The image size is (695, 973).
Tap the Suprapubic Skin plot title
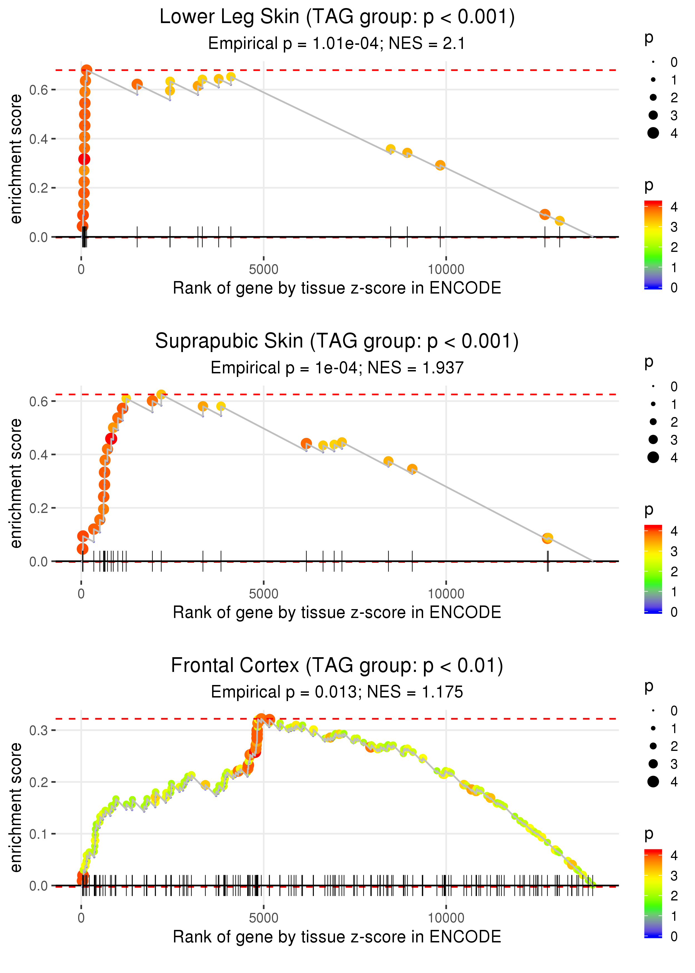337,341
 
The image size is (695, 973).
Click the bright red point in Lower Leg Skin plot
84,159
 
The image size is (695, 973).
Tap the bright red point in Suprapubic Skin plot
111,439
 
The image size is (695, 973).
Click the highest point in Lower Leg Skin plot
86,70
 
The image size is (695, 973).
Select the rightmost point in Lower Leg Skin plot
559,221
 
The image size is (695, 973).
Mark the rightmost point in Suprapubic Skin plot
548,538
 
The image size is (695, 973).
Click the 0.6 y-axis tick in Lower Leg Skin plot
43,90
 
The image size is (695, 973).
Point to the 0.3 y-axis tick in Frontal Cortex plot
43,730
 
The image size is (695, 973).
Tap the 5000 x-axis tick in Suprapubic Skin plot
264,594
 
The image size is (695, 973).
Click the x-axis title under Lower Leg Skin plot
337,288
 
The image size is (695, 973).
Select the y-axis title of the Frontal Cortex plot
16,807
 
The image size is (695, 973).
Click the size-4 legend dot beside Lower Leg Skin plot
653,133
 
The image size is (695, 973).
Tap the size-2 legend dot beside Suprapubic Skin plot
653,422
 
